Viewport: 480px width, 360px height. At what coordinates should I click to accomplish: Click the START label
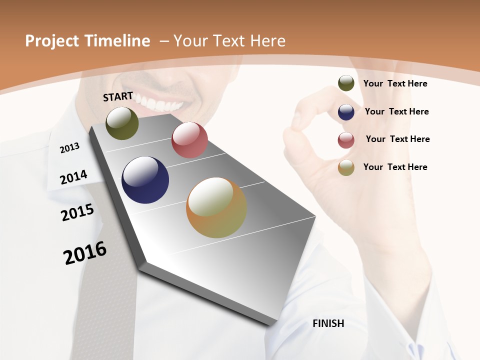point(118,96)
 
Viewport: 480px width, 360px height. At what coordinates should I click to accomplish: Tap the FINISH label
point(328,323)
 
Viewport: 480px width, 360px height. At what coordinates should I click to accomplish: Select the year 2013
point(69,147)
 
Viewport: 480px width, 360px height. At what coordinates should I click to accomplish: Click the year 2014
point(73,177)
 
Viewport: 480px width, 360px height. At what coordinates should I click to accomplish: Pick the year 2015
point(77,212)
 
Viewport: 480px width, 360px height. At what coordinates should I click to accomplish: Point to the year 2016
point(84,253)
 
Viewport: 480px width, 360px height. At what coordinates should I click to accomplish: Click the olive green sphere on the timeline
point(122,123)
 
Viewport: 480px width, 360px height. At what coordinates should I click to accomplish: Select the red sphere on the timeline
point(189,140)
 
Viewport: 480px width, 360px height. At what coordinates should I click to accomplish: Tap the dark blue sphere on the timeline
point(145,180)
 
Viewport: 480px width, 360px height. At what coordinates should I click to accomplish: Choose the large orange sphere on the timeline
point(216,207)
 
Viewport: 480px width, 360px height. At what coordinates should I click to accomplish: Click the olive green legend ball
point(346,83)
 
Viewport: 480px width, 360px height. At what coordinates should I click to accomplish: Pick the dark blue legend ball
point(346,111)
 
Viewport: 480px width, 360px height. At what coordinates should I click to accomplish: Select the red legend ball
point(346,139)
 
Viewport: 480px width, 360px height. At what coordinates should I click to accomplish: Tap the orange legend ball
point(346,167)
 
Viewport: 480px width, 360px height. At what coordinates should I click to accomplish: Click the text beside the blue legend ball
point(396,111)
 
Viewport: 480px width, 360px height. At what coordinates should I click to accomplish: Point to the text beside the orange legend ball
point(395,167)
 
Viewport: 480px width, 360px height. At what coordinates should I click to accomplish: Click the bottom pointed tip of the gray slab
point(270,324)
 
